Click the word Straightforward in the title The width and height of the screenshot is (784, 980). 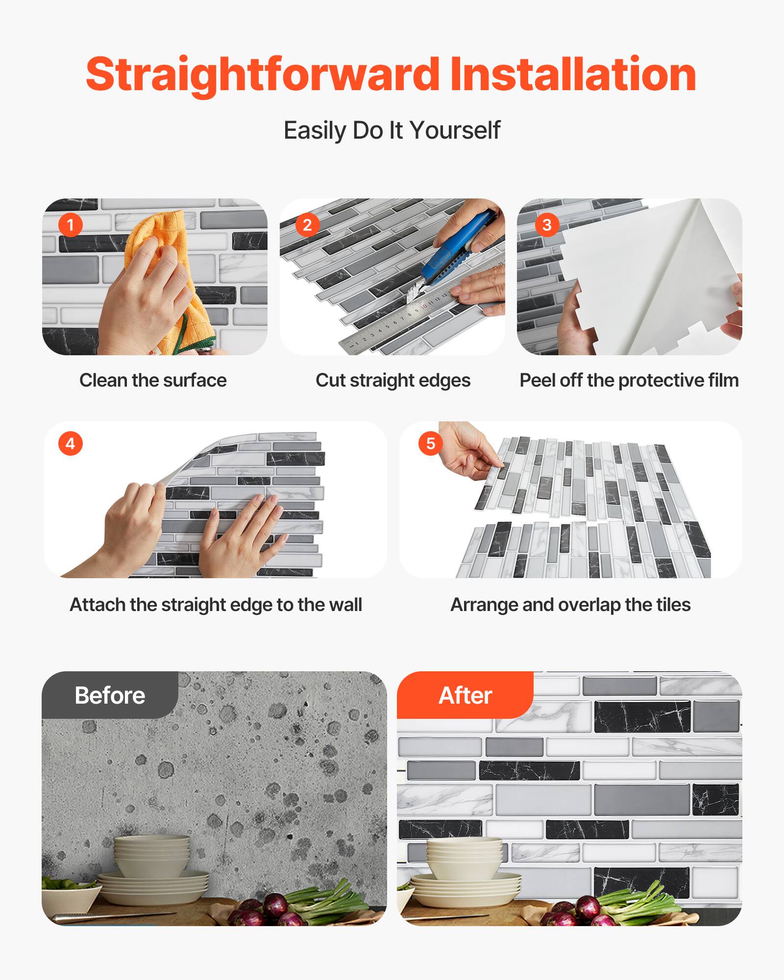263,74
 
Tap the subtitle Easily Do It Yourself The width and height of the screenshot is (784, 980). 392,130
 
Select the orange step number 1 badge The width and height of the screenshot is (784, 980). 70,225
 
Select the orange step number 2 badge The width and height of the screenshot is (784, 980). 307,225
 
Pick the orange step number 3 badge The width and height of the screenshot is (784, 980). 547,225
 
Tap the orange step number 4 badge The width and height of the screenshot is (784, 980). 70,443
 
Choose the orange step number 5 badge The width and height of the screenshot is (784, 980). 430,443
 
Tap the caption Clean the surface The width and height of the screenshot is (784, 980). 153,380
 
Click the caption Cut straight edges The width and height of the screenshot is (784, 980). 392,380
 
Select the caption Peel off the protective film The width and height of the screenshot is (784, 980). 629,380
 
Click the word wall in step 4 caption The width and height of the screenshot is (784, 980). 346,605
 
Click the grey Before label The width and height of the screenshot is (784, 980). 110,695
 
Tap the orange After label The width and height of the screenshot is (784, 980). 465,695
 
